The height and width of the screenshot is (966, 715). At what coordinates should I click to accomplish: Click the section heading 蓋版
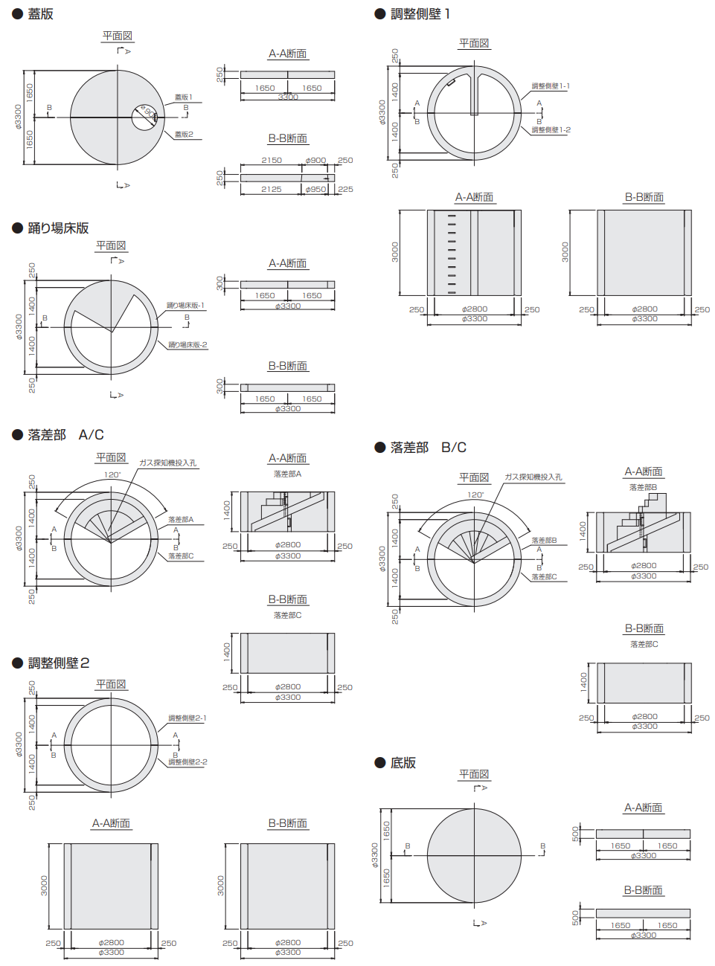click(x=40, y=13)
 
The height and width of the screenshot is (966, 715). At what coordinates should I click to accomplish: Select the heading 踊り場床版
click(x=58, y=228)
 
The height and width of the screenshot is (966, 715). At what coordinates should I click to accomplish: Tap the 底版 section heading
click(x=403, y=763)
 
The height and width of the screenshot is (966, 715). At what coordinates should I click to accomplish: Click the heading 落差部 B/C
click(x=428, y=447)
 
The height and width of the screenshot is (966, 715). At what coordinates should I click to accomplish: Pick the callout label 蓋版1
click(x=183, y=97)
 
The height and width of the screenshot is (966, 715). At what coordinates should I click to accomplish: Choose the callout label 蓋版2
click(x=184, y=135)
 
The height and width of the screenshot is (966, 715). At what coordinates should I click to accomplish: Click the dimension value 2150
click(x=272, y=160)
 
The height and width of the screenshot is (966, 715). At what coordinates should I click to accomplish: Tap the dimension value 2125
click(x=272, y=189)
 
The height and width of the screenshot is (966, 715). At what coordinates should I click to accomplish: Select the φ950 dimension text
click(x=316, y=189)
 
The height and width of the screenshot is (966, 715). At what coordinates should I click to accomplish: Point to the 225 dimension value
click(x=345, y=189)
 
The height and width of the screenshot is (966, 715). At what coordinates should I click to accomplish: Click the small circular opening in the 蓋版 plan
click(x=145, y=117)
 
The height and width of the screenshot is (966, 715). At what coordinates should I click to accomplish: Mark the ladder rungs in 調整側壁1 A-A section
click(x=452, y=253)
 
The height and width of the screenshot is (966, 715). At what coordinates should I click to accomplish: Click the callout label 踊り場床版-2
click(x=187, y=345)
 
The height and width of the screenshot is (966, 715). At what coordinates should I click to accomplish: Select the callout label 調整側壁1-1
click(x=551, y=86)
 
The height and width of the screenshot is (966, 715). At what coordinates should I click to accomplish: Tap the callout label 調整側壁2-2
click(x=187, y=762)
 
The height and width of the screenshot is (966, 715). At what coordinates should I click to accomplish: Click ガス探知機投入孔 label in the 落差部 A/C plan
click(x=167, y=463)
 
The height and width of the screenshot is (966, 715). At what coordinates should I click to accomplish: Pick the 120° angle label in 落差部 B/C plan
click(x=475, y=495)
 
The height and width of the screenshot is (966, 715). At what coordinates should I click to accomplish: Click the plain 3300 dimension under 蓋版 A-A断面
click(x=288, y=97)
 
